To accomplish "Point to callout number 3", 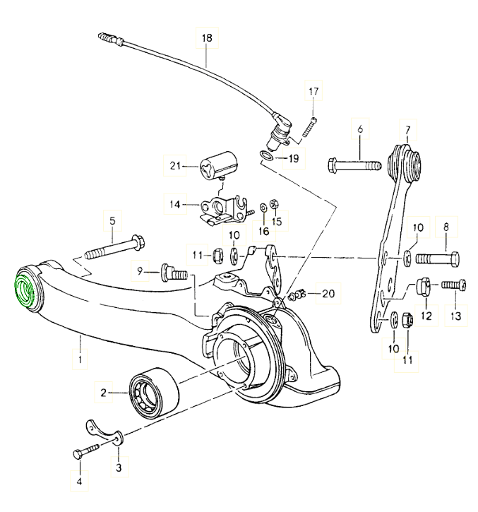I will click(118, 468).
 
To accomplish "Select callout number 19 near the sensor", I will click(293, 158).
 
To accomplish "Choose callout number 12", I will click(426, 316).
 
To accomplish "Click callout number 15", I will click(276, 222).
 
